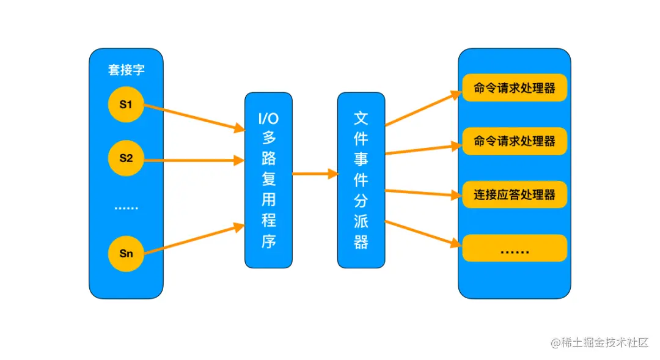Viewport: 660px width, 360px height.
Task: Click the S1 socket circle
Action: pos(126,105)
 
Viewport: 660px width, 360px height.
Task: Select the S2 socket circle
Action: pos(126,158)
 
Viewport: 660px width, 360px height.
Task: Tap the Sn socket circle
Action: pos(126,252)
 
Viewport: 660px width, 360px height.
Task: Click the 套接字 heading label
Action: pos(127,70)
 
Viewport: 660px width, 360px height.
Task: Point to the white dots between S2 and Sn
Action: pos(126,208)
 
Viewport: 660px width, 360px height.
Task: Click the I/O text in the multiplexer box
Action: pos(268,118)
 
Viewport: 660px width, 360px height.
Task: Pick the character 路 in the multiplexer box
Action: pos(268,158)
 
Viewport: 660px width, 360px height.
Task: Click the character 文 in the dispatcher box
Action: pos(361,118)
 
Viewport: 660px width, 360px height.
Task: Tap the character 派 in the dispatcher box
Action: pos(361,221)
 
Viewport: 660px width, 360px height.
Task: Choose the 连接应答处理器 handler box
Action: pos(515,195)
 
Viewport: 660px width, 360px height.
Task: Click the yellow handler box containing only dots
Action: pos(515,248)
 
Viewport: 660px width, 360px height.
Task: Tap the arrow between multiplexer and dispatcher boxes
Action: pos(315,174)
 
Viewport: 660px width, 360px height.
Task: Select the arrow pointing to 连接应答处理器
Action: pos(422,193)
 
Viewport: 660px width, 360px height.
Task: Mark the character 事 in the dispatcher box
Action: pos(361,158)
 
